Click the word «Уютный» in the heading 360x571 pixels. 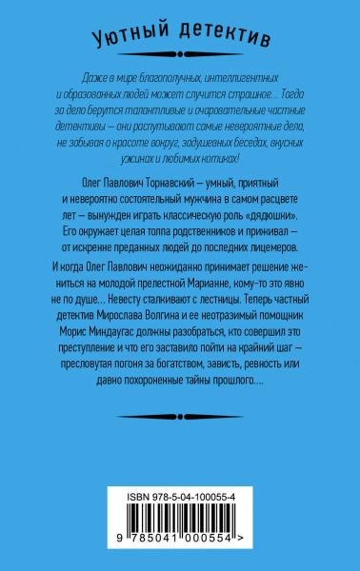[x=130, y=38]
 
